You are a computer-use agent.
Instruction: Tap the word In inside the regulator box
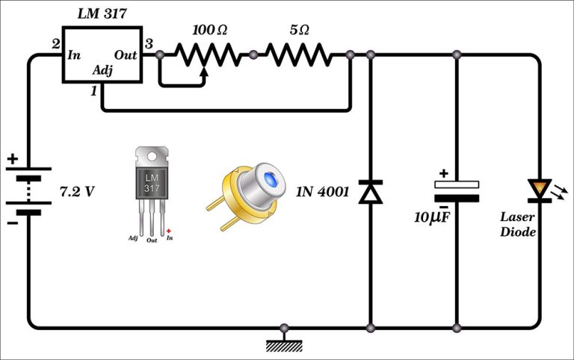point(75,55)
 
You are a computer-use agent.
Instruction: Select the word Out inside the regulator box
point(125,55)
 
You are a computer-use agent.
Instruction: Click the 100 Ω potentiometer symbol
point(206,55)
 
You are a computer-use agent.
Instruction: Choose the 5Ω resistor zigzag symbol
point(299,55)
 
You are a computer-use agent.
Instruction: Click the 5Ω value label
point(299,31)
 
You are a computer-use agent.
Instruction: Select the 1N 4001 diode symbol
point(370,191)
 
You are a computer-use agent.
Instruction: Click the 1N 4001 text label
point(323,191)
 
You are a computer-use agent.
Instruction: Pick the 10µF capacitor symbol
point(457,191)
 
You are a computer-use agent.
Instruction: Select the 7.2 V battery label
point(77,191)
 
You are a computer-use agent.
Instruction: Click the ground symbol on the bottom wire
point(283,343)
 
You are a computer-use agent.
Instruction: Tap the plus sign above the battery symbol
point(13,159)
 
